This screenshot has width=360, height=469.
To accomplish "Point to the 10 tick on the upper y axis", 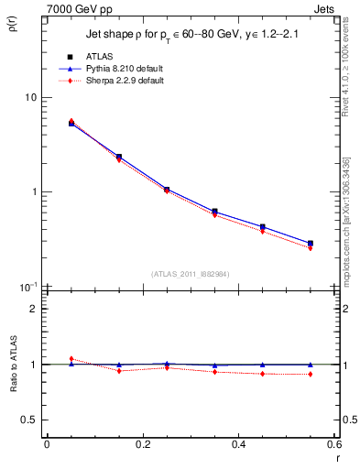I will [x=30, y=98].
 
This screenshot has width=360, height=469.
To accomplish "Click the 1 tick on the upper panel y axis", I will [x=34, y=192].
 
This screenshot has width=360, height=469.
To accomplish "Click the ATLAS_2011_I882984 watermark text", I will [x=190, y=274].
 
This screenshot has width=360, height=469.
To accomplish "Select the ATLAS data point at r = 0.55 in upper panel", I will [x=311, y=244].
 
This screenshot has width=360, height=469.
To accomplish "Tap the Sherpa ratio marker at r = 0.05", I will [x=71, y=359].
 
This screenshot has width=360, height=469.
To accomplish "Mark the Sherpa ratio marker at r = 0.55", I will [x=311, y=374].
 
